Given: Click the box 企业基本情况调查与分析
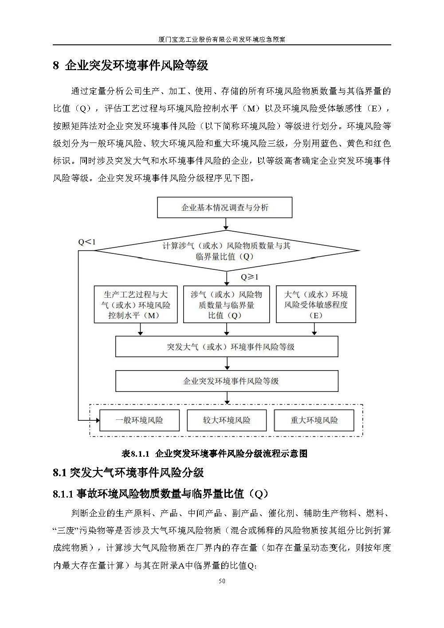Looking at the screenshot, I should coord(225,208).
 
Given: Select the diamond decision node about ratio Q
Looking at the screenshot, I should coord(226,251).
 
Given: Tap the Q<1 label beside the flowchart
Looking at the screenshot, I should coord(87,242).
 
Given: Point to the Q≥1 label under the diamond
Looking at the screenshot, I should coord(249,277).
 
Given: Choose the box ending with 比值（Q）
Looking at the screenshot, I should coord(226,305).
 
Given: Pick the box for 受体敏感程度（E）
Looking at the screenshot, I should coord(315,305).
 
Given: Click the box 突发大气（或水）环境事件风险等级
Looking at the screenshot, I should coord(227,347).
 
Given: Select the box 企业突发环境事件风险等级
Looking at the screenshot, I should coord(227,381).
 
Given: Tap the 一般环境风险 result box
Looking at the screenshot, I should coord(139,420).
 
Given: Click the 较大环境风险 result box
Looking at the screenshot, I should coord(227,420).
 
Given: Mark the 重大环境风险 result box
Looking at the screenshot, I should coord(314,420).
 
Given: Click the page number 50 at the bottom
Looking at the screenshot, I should coord(222,581).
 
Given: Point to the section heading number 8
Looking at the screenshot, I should coord(56,66).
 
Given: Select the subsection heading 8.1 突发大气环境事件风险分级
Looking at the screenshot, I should coord(128,473).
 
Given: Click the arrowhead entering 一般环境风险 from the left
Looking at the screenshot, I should coord(97,420).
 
